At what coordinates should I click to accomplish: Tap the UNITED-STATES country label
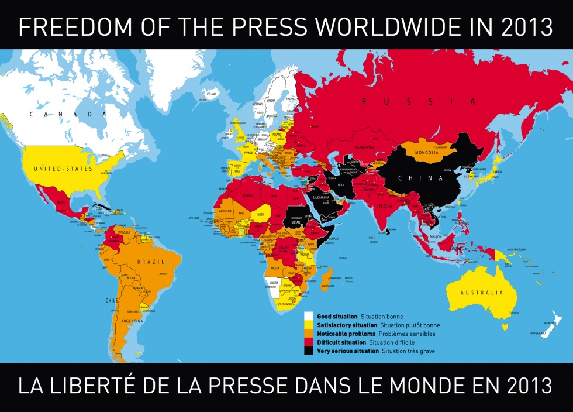[63, 169]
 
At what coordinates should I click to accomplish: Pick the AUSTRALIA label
[481, 292]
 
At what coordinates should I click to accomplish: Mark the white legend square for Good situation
[309, 317]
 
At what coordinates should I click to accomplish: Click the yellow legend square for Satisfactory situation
[309, 325]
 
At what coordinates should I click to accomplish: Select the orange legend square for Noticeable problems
[309, 334]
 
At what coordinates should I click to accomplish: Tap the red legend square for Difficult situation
[309, 342]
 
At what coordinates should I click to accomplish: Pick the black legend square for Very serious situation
[309, 351]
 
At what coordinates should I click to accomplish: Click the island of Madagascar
[328, 280]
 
